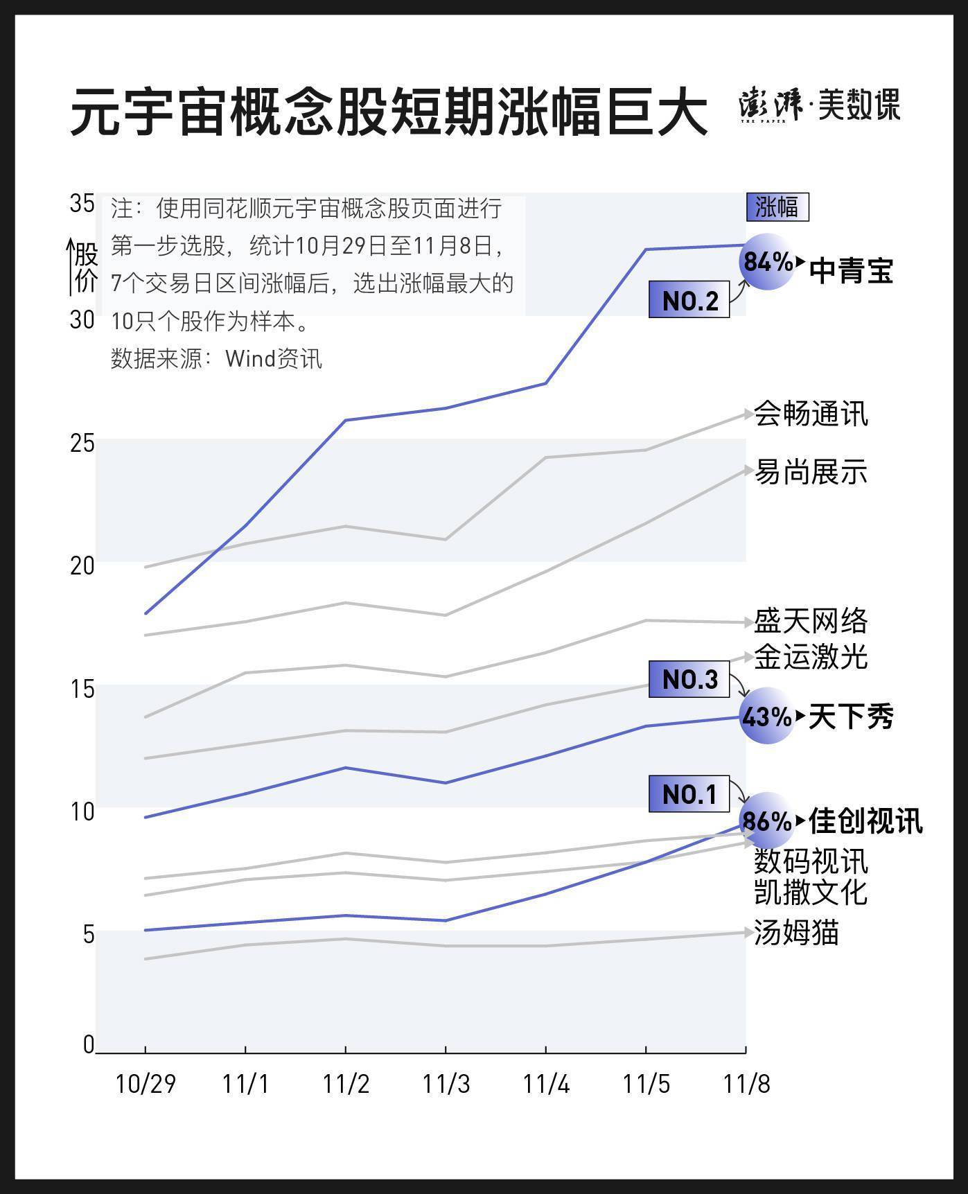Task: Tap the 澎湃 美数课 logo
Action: coord(820,105)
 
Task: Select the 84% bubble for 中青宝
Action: coord(767,262)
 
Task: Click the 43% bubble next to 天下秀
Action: coord(766,716)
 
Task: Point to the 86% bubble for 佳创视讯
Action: coord(766,820)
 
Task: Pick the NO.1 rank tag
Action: coord(689,794)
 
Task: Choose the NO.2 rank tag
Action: coord(689,300)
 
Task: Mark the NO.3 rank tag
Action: coord(689,679)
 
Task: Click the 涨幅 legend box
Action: coord(777,207)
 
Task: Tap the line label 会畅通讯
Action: coord(810,414)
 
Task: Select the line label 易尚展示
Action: coord(810,472)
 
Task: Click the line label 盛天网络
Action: coord(810,621)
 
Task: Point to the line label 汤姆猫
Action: coord(796,933)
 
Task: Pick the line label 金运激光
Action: coord(810,657)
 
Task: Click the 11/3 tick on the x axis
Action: coord(446,1084)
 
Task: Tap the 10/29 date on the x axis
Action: coord(145,1084)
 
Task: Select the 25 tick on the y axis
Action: coord(82,443)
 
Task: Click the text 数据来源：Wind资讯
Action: coord(216,358)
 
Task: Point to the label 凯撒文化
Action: coord(810,893)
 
